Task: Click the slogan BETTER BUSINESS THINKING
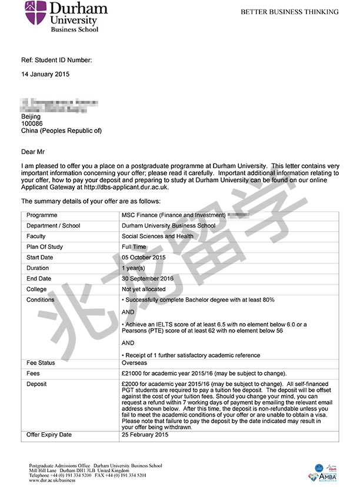point(289,12)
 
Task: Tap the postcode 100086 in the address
point(32,124)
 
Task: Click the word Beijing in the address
point(31,116)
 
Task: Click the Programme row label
point(42,215)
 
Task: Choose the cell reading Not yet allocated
point(144,289)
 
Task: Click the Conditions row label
point(41,300)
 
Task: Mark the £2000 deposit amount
point(132,384)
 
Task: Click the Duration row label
point(38,268)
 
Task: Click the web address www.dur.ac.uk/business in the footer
point(52,479)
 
